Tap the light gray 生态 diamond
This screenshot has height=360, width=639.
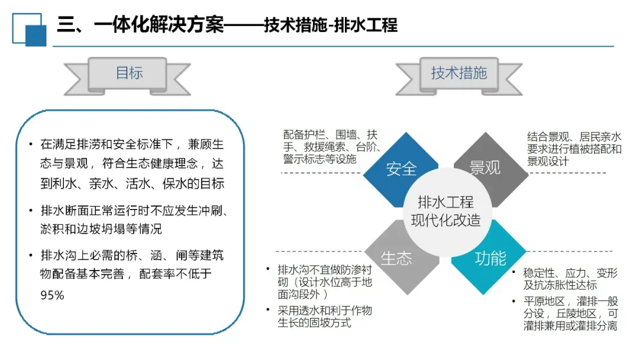point(396,258)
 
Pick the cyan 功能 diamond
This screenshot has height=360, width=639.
point(490,258)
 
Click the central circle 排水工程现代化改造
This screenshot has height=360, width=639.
point(446,212)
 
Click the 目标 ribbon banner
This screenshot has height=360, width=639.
point(129,73)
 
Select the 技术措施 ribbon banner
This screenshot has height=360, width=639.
point(459,73)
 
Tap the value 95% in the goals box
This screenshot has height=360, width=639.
point(52,295)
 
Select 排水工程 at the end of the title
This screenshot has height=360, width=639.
point(366,25)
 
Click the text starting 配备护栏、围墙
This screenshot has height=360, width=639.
point(331,146)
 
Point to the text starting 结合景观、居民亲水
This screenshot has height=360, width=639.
point(574,149)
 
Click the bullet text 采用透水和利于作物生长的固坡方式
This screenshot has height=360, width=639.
point(325,316)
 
